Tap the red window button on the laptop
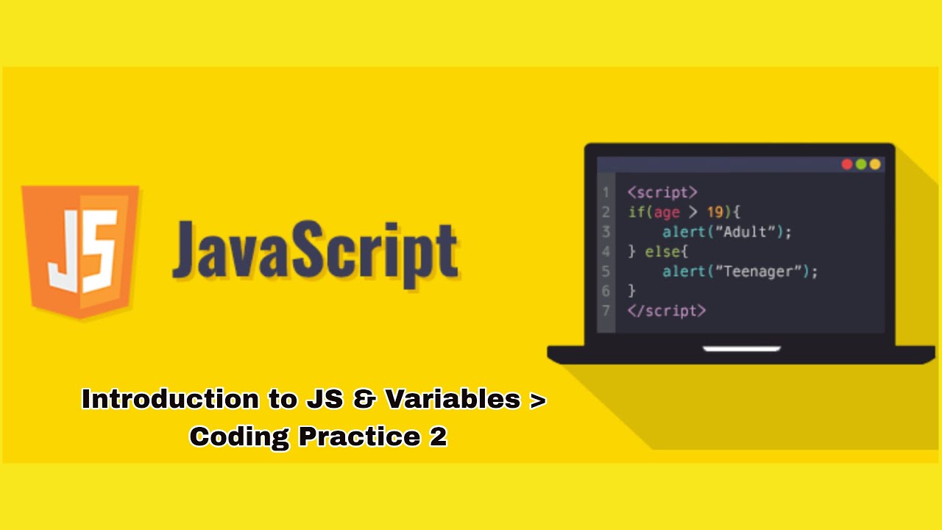tap(847, 164)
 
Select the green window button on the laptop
tap(861, 164)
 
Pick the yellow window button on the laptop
tap(875, 164)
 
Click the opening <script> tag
tap(662, 192)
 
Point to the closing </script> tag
tap(667, 311)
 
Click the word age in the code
tap(667, 212)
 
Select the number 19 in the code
tap(715, 212)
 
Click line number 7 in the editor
tap(606, 311)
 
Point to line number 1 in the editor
tap(606, 192)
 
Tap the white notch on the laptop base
tap(741, 348)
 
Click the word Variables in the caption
tap(453, 399)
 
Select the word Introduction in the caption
tap(169, 399)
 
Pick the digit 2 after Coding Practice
tap(436, 437)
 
